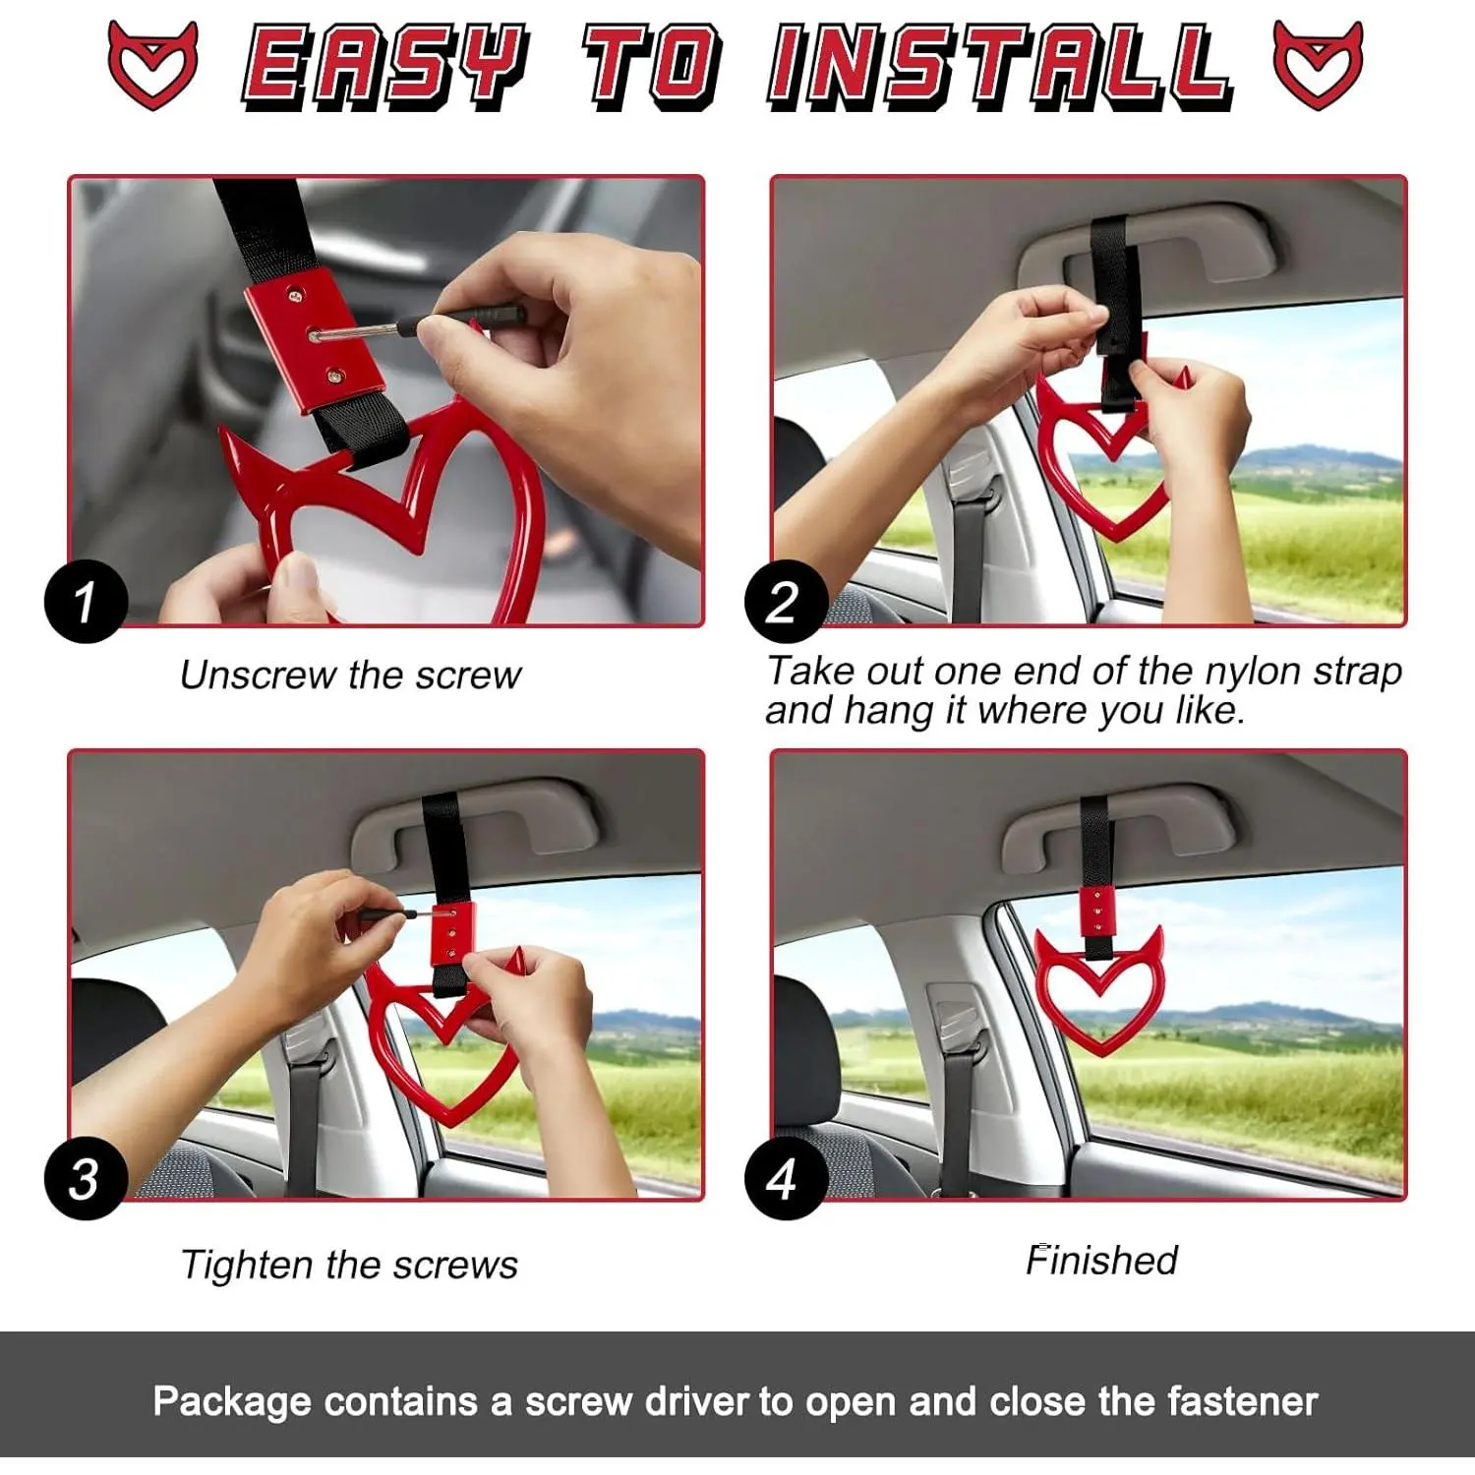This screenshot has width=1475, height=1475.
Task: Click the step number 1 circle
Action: pyautogui.click(x=86, y=601)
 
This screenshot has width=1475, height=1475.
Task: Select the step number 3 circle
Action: pyautogui.click(x=86, y=1178)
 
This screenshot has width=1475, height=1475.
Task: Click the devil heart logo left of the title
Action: pyautogui.click(x=152, y=64)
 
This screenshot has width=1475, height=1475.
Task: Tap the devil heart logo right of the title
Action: pyautogui.click(x=1318, y=64)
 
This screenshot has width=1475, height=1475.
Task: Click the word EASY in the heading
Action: pyautogui.click(x=385, y=66)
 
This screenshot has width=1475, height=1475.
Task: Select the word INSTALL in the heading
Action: pyautogui.click(x=1000, y=66)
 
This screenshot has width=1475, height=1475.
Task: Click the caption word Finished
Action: pyautogui.click(x=1101, y=1260)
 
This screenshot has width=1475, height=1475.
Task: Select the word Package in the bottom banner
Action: pyautogui.click(x=232, y=1401)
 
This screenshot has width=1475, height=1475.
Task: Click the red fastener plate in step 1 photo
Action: pyautogui.click(x=310, y=339)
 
